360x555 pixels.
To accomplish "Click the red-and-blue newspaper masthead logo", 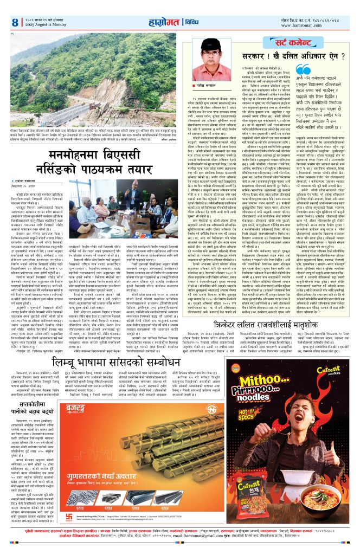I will [x=166, y=23].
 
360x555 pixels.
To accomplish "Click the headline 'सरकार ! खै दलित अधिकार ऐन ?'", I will [x=293, y=56].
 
